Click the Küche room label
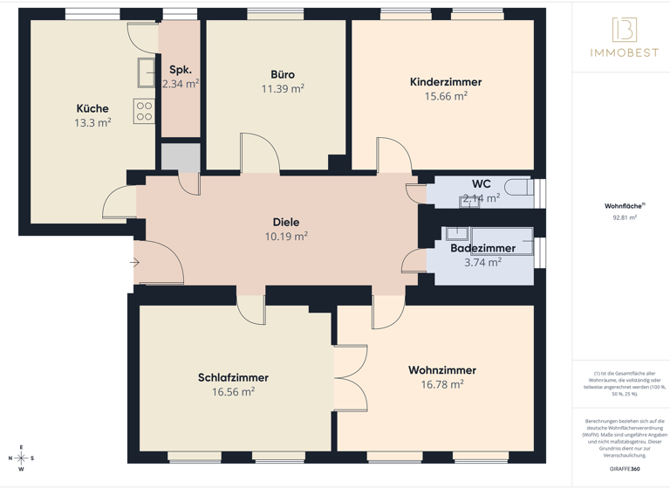pyautogui.click(x=92, y=109)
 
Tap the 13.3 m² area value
pyautogui.click(x=92, y=123)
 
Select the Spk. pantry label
pyautogui.click(x=181, y=69)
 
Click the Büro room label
pyautogui.click(x=282, y=75)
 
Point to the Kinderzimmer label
pyautogui.click(x=446, y=82)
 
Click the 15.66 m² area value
pyautogui.click(x=446, y=96)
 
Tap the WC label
pyautogui.click(x=481, y=184)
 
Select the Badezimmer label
pyautogui.click(x=482, y=248)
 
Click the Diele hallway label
pyautogui.click(x=286, y=222)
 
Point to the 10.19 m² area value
pyautogui.click(x=286, y=236)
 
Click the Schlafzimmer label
pyautogui.click(x=233, y=378)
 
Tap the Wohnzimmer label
pyautogui.click(x=442, y=370)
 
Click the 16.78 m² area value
pyautogui.click(x=442, y=384)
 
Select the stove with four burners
pyautogui.click(x=144, y=111)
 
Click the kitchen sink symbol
pyautogui.click(x=145, y=72)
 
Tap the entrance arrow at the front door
pyautogui.click(x=135, y=262)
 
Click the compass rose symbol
pyautogui.click(x=21, y=458)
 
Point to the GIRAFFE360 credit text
pyautogui.click(x=625, y=469)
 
